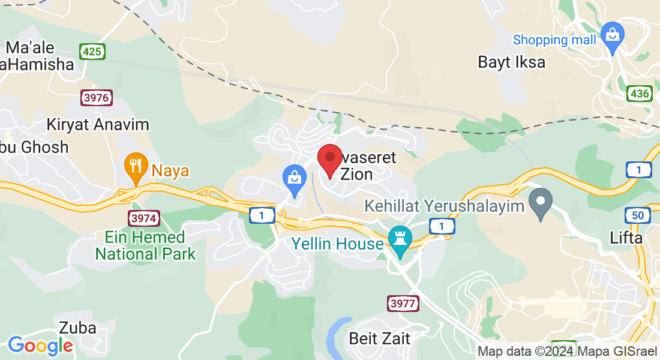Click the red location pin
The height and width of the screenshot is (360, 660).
[x=329, y=160]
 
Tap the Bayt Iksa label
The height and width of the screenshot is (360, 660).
[x=512, y=62]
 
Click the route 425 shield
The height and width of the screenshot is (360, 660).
[x=92, y=52]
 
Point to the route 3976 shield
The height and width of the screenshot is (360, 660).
[x=97, y=98]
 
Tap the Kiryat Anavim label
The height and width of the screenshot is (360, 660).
[x=98, y=125]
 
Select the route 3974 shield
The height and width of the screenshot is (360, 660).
[x=143, y=217]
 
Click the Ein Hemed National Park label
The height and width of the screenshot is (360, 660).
[x=146, y=245]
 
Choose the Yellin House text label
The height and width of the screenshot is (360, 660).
[x=337, y=244]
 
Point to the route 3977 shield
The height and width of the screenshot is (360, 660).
[x=402, y=304]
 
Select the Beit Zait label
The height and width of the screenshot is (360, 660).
[x=380, y=338]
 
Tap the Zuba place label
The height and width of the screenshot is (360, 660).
[x=78, y=328]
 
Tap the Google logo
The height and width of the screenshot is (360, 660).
[x=40, y=346]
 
